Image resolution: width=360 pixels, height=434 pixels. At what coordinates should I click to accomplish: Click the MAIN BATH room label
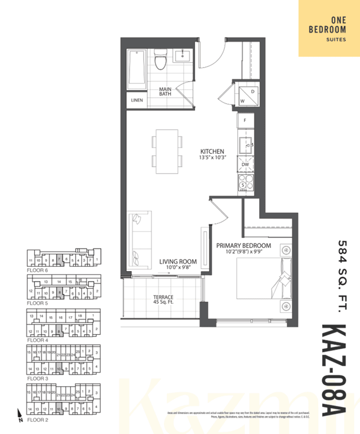pos(165,91)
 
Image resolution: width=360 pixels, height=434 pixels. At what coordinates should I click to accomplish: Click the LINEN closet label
pos(137,101)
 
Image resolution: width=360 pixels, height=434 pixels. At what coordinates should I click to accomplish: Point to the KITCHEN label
pos(213,152)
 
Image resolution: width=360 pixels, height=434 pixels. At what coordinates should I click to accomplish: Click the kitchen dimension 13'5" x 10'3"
pos(213,158)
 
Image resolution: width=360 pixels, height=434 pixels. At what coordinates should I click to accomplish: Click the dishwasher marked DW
pos(245,165)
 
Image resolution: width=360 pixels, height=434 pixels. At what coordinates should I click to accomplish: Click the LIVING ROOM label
pos(177,261)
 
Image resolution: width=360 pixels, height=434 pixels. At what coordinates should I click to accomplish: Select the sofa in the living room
pos(139,241)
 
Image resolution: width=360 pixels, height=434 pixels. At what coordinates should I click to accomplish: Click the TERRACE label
pos(163,297)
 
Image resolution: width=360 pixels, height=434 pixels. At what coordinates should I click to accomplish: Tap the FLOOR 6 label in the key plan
pos(38,270)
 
